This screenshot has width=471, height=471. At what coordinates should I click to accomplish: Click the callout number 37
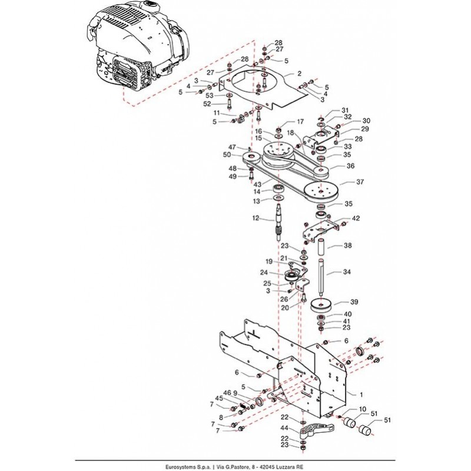click(361, 183)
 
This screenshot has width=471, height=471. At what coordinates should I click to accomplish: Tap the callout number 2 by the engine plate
click(299, 74)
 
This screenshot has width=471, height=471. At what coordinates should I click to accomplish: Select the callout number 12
click(256, 218)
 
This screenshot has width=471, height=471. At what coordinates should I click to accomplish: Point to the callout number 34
click(347, 272)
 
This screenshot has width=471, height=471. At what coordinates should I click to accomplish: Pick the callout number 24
click(264, 272)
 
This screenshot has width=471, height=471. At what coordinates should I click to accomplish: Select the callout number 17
click(300, 122)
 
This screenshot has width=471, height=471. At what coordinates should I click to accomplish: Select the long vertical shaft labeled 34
click(321, 277)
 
